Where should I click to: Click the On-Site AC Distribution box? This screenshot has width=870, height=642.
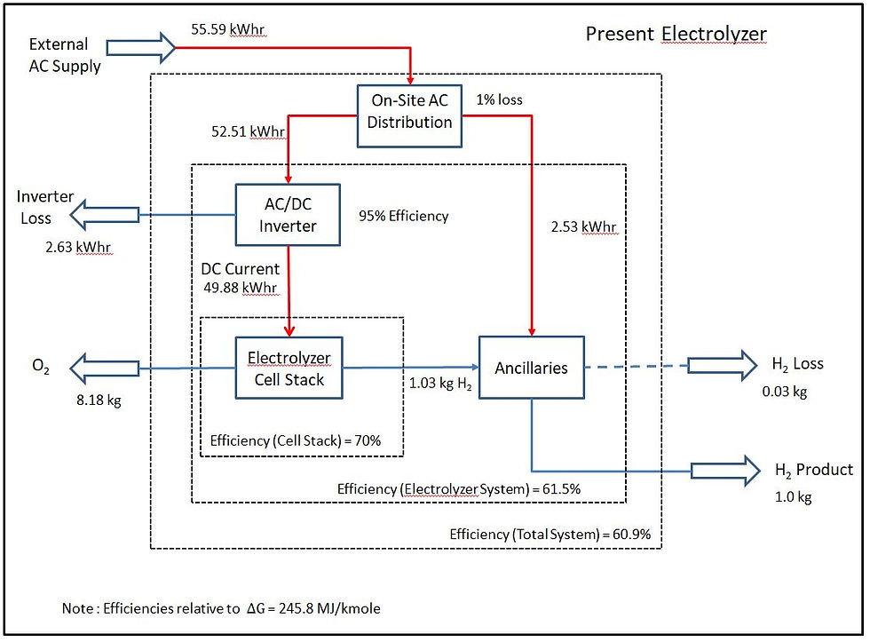[x=409, y=116]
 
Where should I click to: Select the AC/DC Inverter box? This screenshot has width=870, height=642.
[x=288, y=215]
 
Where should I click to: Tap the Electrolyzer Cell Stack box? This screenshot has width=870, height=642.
[x=289, y=368]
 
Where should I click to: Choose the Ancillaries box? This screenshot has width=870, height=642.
[x=532, y=368]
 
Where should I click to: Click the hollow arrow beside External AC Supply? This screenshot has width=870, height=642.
[x=141, y=47]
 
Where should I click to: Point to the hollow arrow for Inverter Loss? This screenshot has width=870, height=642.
[x=105, y=215]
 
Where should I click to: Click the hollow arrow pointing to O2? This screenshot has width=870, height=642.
[x=105, y=368]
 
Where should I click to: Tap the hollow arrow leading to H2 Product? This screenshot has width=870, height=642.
[x=726, y=472]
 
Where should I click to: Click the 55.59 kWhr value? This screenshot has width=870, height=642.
[x=228, y=29]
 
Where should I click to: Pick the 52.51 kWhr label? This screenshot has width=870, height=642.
[x=248, y=131]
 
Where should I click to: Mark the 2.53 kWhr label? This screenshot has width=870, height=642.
[x=584, y=227]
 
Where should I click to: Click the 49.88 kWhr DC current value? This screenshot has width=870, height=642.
[x=241, y=288]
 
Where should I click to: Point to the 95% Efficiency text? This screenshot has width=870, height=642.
[x=403, y=216]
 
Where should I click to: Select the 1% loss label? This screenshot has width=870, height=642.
[x=499, y=99]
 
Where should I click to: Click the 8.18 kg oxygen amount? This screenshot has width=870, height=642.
[x=99, y=400]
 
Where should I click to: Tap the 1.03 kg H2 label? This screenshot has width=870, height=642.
[x=440, y=384]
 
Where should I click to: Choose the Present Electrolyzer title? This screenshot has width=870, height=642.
[x=676, y=34]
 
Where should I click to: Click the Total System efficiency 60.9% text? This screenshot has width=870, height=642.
[x=550, y=535]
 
